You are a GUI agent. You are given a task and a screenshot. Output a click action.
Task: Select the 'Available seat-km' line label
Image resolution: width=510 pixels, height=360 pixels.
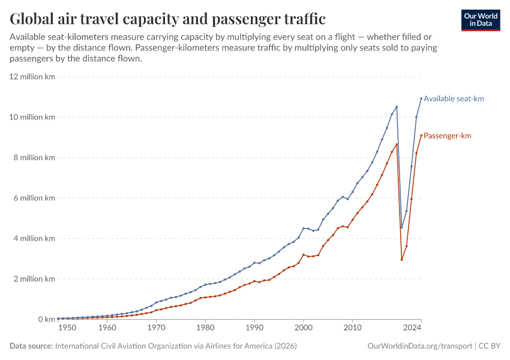454,98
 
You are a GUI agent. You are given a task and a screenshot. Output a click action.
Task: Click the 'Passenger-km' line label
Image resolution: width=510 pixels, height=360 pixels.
447,136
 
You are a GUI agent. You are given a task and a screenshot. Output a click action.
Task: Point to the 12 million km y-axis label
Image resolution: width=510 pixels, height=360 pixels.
32,77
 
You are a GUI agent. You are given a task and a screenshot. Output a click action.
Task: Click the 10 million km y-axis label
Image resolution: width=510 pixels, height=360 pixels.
32,118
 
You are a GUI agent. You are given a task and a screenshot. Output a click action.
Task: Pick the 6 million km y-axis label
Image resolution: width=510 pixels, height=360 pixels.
34,198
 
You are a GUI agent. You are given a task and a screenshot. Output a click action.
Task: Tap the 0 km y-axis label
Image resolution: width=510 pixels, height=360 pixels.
46,319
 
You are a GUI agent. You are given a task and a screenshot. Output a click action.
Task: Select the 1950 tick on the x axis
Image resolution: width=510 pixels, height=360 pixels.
67,328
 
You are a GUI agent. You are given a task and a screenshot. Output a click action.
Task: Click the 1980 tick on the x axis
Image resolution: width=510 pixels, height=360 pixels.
205,328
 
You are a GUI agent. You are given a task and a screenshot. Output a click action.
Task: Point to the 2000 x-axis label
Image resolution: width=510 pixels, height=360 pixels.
304,328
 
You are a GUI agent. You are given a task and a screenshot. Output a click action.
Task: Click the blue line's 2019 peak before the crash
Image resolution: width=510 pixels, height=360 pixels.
397,107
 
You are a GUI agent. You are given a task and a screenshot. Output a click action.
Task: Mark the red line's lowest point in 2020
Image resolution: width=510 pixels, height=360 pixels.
401,259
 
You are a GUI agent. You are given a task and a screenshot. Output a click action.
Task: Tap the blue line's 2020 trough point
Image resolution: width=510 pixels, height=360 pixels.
401,227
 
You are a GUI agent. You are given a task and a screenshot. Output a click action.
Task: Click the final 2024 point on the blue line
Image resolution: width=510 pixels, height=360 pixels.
421,98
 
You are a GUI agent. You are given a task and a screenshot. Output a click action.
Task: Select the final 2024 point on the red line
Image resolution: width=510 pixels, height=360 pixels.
421,135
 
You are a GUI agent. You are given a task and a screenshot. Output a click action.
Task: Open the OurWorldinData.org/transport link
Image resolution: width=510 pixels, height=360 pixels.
419,346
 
